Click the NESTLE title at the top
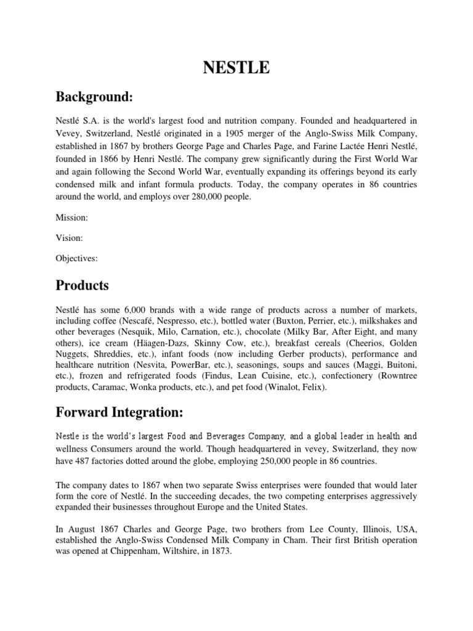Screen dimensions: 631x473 pyautogui.click(x=236, y=67)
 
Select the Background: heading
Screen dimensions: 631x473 pyautogui.click(x=95, y=97)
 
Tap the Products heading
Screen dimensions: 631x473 pyautogui.click(x=83, y=286)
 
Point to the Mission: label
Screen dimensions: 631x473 pyautogui.click(x=72, y=218)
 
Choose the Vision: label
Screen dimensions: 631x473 pyautogui.click(x=70, y=238)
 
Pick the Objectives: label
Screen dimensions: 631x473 pyautogui.click(x=77, y=259)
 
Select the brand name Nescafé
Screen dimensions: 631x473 pyautogui.click(x=142, y=320)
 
